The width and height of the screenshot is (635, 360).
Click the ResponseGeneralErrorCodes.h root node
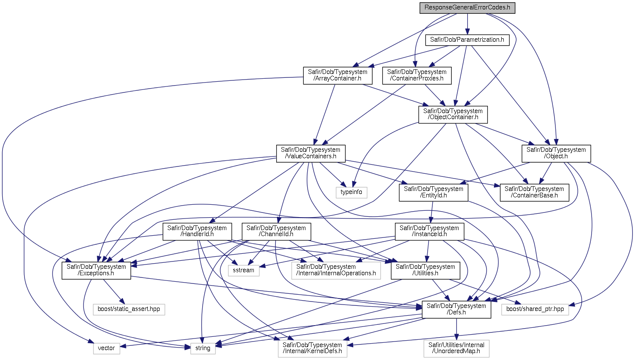pyautogui.click(x=467, y=8)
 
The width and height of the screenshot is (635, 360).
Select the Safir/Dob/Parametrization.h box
pyautogui.click(x=467, y=40)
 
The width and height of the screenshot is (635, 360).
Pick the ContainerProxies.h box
pyautogui.click(x=416, y=75)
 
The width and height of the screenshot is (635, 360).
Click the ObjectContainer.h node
pyautogui.click(x=453, y=114)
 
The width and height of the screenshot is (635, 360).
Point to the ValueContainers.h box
pyautogui.click(x=311, y=153)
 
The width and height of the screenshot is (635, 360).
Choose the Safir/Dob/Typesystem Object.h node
pyautogui.click(x=556, y=153)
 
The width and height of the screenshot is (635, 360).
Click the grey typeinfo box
pyautogui.click(x=351, y=192)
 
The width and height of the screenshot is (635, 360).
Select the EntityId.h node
pyautogui.click(x=433, y=192)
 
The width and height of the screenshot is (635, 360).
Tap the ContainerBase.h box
pyautogui.click(x=534, y=192)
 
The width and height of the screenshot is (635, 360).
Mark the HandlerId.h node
pyautogui.click(x=197, y=231)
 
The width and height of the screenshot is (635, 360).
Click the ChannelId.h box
pyautogui.click(x=276, y=231)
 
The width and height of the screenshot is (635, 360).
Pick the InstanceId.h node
pyautogui.click(x=429, y=231)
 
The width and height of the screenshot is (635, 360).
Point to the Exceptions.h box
pyautogui.click(x=96, y=270)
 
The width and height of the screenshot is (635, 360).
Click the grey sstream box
pyautogui.click(x=244, y=270)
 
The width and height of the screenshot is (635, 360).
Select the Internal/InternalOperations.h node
pyautogui.click(x=336, y=270)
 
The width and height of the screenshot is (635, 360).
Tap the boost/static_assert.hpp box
pyautogui.click(x=129, y=309)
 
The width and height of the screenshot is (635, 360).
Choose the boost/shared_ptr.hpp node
pyautogui.click(x=535, y=309)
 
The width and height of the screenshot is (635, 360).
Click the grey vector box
pyautogui.click(x=106, y=348)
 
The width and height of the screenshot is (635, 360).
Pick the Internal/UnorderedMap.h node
pyautogui.click(x=456, y=348)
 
